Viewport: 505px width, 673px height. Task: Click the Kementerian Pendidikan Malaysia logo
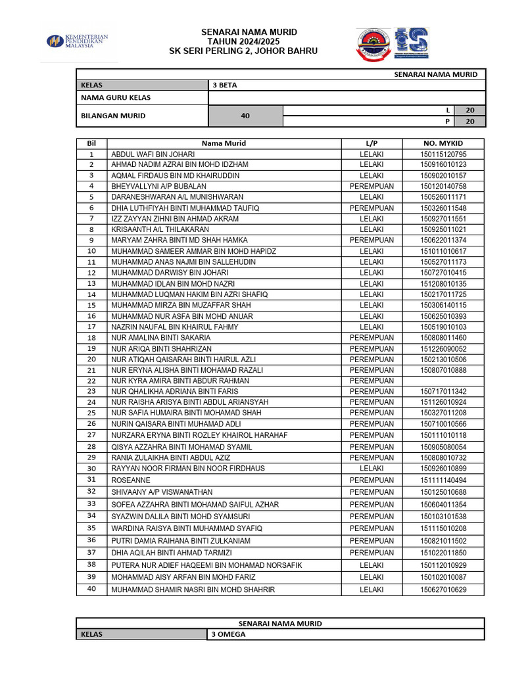pos(77,41)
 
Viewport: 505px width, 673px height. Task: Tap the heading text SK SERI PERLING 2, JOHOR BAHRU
pos(243,51)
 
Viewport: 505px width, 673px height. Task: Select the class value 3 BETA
pos(224,85)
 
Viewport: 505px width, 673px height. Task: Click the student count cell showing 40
pos(245,116)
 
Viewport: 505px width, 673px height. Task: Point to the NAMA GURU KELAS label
pos(115,98)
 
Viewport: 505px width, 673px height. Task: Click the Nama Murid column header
pos(224,143)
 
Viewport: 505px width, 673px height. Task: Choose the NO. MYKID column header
pos(443,143)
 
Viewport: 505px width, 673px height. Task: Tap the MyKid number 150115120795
pos(443,154)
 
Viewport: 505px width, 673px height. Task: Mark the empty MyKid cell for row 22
pos(443,381)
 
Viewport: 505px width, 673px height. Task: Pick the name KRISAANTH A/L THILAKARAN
pos(160,229)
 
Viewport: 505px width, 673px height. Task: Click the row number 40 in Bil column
pos(91,589)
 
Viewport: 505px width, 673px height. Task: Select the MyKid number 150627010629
pos(443,590)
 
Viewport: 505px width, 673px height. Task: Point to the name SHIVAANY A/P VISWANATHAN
pos(161,492)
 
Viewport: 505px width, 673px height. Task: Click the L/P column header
pos(372,143)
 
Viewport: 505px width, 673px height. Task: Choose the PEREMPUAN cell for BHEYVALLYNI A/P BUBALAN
pos(372,187)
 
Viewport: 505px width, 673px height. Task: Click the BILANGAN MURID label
pos(112,116)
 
